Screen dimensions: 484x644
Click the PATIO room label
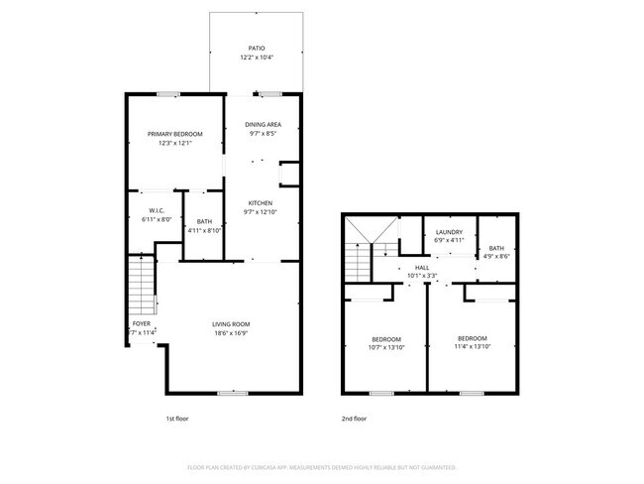257,48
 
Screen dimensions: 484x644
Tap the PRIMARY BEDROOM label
175,134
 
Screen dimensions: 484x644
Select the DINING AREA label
264,124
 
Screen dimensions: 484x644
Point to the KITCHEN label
260,203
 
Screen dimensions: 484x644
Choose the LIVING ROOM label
230,324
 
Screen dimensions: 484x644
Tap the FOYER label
142,324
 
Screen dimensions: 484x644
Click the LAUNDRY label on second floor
449,232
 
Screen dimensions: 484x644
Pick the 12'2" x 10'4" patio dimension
257,58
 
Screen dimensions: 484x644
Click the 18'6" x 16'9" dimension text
230,334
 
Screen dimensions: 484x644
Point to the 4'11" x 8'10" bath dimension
204,230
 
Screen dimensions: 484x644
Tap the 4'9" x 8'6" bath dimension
496,256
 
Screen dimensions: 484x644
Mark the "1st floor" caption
177,419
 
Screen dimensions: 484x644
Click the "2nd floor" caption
355,419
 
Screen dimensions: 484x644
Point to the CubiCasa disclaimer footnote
321,466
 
